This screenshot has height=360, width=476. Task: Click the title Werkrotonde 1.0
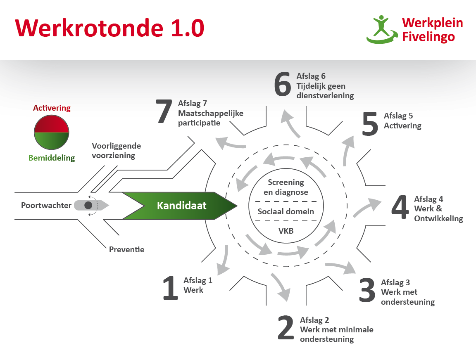pos(109,28)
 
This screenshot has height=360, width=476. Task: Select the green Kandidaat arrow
pos(179,206)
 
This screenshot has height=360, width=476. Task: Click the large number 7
pos(164,111)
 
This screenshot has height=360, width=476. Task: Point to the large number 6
pos(282,84)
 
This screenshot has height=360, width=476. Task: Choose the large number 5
pos(370,123)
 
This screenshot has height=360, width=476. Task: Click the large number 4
pos(400,207)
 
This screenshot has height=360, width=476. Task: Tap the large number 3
pos(367,290)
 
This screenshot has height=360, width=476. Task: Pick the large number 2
pos(286,327)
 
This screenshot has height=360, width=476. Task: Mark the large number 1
pos(170,288)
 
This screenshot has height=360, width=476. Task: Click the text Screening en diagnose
pos(286,187)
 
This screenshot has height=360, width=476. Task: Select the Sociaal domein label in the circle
pos(286,211)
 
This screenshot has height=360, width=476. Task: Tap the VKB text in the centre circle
pos(286,231)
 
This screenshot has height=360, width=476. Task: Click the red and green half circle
pos(52,133)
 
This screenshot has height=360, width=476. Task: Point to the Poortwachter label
pos(46,205)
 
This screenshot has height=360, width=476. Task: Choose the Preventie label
pos(126,250)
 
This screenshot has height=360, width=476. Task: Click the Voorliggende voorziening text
pos(116,151)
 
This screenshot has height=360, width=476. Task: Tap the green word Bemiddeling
pos(52,158)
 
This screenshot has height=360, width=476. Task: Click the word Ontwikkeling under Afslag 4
pos(439,219)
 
